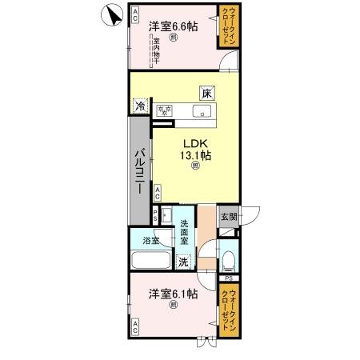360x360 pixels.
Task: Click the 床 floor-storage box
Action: tap(206, 93)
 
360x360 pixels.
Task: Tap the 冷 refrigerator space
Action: tap(140, 105)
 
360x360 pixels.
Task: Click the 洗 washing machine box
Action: tap(183, 261)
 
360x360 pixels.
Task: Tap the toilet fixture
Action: tap(228, 257)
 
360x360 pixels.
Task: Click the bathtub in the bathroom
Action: tap(150, 261)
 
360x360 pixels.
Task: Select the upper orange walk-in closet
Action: tap(230, 26)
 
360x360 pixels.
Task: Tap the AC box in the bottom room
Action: tap(135, 326)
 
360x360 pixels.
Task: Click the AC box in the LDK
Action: tap(158, 192)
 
